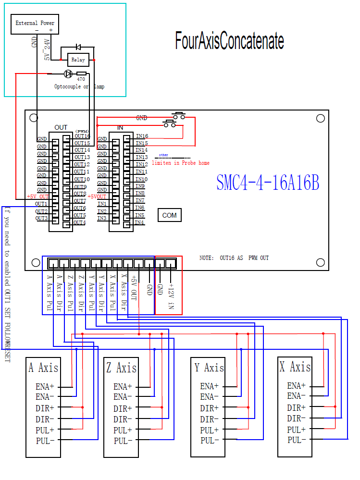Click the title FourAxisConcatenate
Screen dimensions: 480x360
pyautogui.click(x=229, y=41)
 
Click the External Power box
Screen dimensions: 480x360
pyautogui.click(x=35, y=23)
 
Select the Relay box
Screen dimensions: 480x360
pyautogui.click(x=78, y=60)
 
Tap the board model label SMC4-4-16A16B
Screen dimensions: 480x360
pyautogui.click(x=268, y=183)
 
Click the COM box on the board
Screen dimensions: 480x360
pyautogui.click(x=169, y=215)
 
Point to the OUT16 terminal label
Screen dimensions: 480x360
pyautogui.click(x=82, y=136)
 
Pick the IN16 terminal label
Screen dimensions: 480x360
pyautogui.click(x=142, y=136)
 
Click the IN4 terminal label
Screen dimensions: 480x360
pyautogui.click(x=139, y=222)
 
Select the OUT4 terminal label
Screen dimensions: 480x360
pyautogui.click(x=80, y=222)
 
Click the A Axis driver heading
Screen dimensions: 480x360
pyautogui.click(x=43, y=368)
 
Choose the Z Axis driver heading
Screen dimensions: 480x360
pyautogui.click(x=121, y=368)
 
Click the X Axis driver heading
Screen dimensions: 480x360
pyautogui.click(x=295, y=367)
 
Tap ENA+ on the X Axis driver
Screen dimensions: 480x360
pyautogui.click(x=296, y=386)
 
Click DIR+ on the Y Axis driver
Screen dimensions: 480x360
pyautogui.click(x=209, y=408)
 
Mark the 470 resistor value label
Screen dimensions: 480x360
pyautogui.click(x=81, y=79)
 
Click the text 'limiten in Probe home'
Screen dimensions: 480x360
pyautogui.click(x=180, y=163)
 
